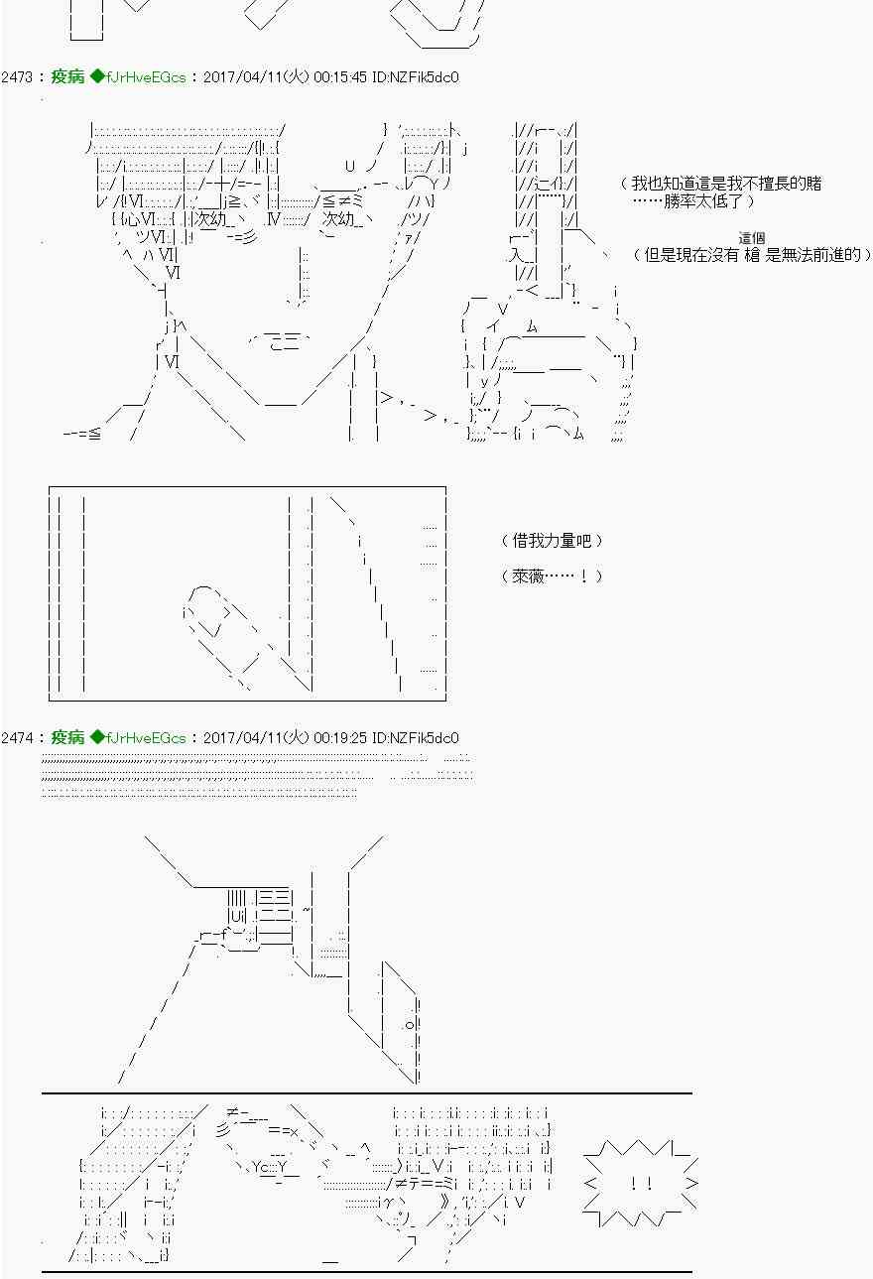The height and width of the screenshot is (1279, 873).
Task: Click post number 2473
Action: pos(17,77)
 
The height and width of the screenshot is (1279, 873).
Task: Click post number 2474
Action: pos(17,737)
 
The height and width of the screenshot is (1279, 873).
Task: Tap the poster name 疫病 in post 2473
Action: pos(67,76)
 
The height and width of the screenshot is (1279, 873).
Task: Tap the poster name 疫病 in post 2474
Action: pos(67,737)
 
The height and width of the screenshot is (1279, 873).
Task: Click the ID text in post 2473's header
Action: pos(415,77)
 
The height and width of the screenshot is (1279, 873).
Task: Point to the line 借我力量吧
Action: pos(551,540)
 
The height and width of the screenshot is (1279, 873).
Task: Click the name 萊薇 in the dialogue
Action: pos(528,576)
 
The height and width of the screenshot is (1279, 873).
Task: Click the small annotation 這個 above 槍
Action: pos(751,238)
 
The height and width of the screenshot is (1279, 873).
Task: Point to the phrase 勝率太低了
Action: pos(703,201)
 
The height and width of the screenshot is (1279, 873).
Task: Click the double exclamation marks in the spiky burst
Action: pos(641,1184)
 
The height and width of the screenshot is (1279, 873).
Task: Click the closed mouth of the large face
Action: pos(280,341)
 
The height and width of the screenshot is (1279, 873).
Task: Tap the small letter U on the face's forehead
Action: pos(350,166)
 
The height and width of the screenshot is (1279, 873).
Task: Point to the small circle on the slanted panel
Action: pos(410,1025)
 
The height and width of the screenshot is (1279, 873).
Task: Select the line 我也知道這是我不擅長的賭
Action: pos(726,184)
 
